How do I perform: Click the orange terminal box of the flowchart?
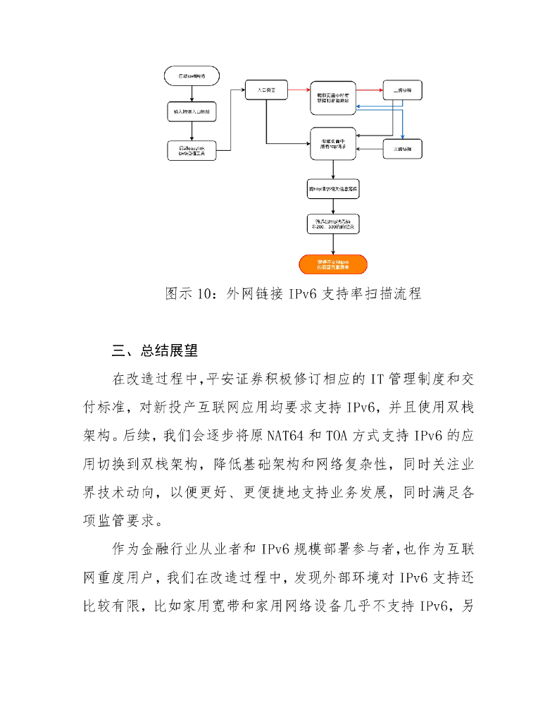332,264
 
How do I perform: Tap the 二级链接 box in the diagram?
403,92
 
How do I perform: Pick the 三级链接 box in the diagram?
403,149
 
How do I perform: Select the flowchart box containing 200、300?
332,225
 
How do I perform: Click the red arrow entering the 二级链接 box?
369,90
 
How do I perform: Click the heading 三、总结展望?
155,350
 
